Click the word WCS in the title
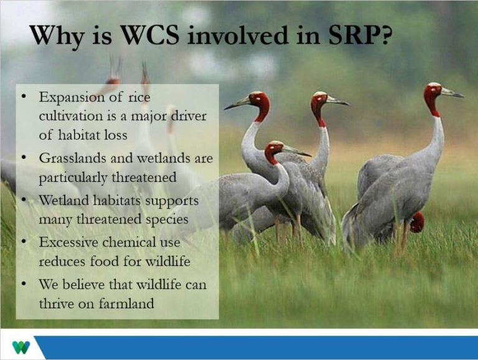(150, 35)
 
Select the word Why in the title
(57, 37)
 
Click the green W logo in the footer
(21, 347)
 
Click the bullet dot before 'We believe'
(24, 283)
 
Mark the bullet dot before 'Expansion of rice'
(24, 96)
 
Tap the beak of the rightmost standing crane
(452, 92)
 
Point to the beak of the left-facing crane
(237, 103)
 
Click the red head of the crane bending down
(417, 222)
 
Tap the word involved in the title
(238, 35)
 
